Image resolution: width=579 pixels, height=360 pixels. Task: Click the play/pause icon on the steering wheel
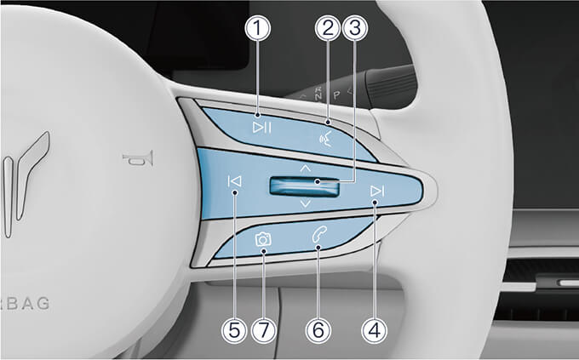[x=262, y=128]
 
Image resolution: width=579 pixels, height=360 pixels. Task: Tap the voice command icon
[x=325, y=139]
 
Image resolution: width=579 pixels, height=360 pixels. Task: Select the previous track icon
[x=235, y=181]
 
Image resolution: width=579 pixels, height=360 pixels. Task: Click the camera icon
[x=263, y=240]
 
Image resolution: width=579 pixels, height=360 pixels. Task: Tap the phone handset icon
[x=319, y=235]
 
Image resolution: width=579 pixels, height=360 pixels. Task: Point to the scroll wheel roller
[x=304, y=186]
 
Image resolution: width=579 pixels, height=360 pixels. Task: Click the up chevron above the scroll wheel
[x=306, y=169]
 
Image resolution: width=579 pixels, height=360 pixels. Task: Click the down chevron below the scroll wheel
[x=306, y=203]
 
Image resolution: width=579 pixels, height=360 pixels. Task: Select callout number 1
[x=258, y=28]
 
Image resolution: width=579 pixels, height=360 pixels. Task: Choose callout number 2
[x=328, y=28]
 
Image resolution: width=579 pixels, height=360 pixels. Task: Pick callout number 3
[x=355, y=28]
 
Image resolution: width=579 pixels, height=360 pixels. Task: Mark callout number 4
[x=375, y=329]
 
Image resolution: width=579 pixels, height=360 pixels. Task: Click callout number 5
[x=234, y=329]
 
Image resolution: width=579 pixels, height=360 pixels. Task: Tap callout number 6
[x=318, y=329]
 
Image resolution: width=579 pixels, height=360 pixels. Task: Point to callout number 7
[x=264, y=329]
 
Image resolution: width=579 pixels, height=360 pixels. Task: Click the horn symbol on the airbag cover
[x=138, y=159]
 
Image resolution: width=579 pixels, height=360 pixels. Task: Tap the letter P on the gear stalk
[x=336, y=94]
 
